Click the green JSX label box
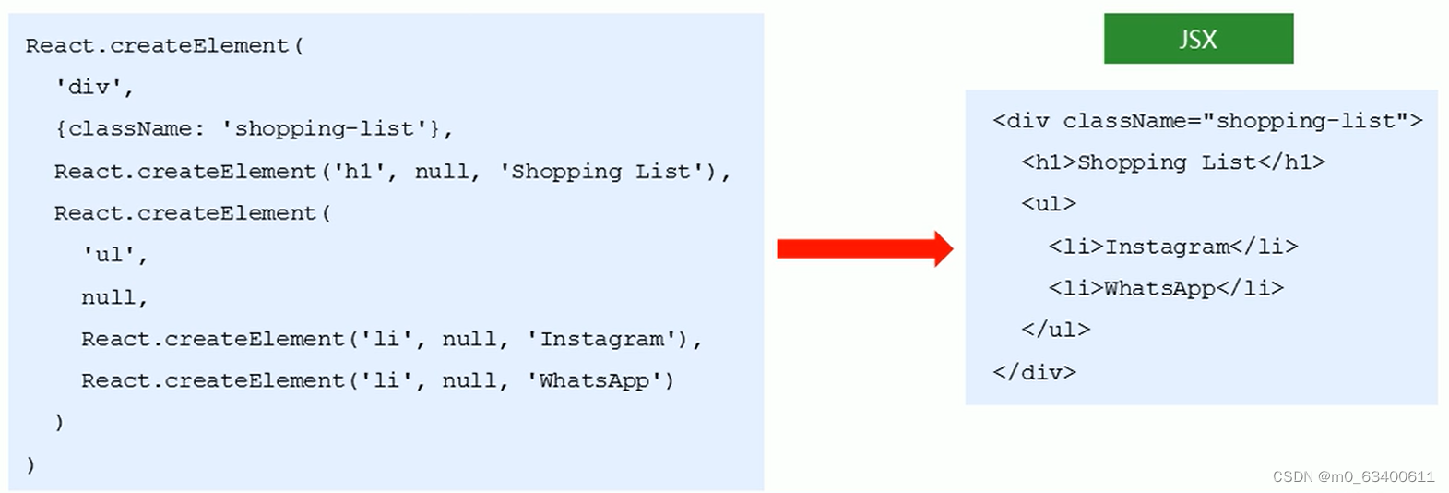[x=1198, y=39]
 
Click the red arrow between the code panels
[x=864, y=248]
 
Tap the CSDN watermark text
[x=1353, y=476]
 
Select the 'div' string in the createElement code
[x=94, y=87]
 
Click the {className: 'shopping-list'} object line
[x=253, y=128]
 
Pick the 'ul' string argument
[x=114, y=255]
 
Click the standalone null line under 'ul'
[x=113, y=297]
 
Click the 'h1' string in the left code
[x=364, y=171]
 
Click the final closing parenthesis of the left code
[x=30, y=463]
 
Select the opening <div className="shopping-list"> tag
[x=1206, y=121]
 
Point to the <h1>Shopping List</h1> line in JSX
[x=1172, y=162]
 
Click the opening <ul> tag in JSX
[x=1048, y=204]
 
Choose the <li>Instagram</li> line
[x=1172, y=246]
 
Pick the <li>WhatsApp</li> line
[x=1165, y=288]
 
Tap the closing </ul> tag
[x=1055, y=330]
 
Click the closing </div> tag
[x=1034, y=372]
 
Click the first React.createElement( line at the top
[x=164, y=45]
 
